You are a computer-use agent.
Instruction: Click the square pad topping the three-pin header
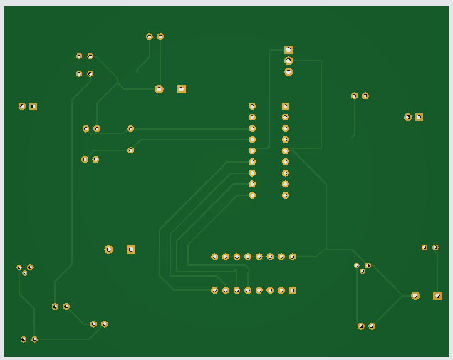tap(288, 50)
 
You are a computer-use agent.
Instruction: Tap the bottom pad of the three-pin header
tap(288, 72)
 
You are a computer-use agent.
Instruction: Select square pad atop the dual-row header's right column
tap(286, 106)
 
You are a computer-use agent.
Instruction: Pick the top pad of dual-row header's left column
tap(252, 106)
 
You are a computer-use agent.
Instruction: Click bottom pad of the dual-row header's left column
tap(252, 195)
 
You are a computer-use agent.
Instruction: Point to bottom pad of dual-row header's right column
tap(286, 195)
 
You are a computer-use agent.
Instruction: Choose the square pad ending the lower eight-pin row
tap(293, 290)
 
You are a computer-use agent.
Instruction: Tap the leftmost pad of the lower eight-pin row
tap(214, 290)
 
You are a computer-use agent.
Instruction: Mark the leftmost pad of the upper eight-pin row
tap(214, 257)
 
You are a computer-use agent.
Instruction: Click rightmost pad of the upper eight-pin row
tap(293, 257)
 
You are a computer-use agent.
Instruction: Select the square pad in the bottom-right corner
tap(437, 296)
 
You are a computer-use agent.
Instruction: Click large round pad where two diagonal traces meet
tap(415, 296)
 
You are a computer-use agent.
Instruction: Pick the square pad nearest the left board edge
tap(33, 106)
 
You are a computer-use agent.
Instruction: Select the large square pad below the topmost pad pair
tap(182, 89)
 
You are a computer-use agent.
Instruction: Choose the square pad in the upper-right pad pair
tap(419, 117)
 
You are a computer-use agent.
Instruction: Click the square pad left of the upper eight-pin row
tap(131, 250)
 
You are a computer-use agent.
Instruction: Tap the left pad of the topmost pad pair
tap(150, 36)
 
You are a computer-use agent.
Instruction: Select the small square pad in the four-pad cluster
tap(79, 56)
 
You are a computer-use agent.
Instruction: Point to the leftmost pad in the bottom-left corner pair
tap(24, 339)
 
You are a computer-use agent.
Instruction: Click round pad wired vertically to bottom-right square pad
tap(435, 247)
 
